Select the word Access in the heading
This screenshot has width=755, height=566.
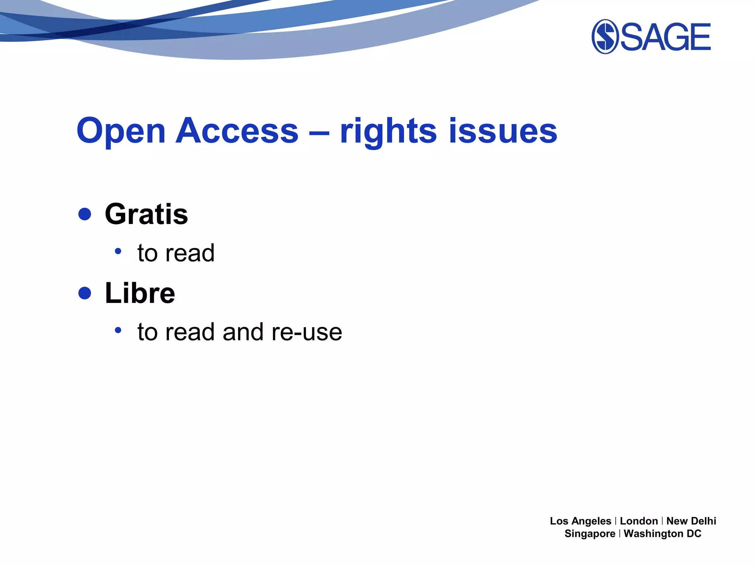point(237,131)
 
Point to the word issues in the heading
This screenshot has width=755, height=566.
point(503,131)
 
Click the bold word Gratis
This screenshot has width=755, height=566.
point(146,214)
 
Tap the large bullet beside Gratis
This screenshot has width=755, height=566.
point(85,214)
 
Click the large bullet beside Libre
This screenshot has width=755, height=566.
point(85,293)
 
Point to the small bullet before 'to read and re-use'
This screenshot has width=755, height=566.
point(118,330)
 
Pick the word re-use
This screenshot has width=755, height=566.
point(307,332)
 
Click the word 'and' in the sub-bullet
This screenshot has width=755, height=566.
point(243,332)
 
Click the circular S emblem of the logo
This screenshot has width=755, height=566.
point(605,36)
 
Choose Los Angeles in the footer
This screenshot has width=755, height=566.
point(580,521)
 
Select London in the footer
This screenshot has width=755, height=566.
point(639,521)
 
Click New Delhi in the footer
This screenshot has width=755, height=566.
point(691,521)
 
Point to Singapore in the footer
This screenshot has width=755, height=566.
point(590,534)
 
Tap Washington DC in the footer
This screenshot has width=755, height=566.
point(662,534)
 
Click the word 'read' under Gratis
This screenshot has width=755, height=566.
point(190,253)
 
